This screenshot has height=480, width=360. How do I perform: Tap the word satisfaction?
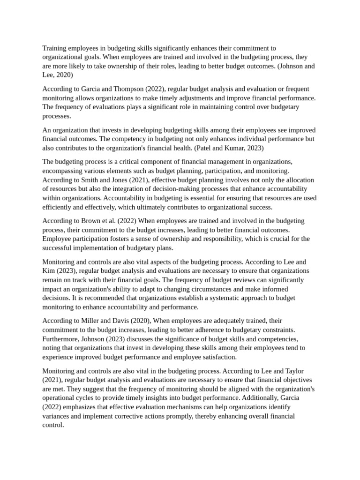pyautogui.click(x=218, y=357)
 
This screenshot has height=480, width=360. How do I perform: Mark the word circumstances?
pyautogui.click(x=219, y=289)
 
